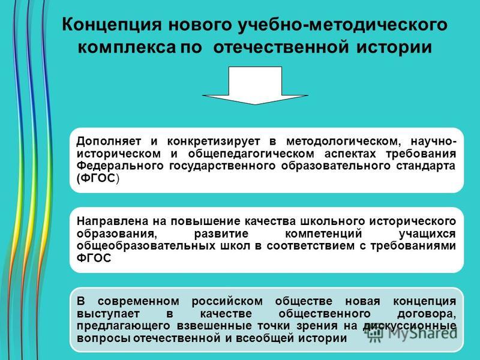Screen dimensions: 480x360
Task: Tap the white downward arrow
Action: click(x=255, y=85)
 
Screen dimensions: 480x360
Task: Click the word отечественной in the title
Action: click(x=280, y=47)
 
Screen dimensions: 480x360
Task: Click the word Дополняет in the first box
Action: click(x=109, y=142)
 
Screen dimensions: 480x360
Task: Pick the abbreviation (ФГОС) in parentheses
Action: click(x=98, y=178)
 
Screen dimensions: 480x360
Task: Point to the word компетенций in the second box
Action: click(x=324, y=234)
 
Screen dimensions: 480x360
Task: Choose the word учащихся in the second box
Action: click(x=427, y=234)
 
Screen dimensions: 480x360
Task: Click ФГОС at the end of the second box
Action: click(x=94, y=258)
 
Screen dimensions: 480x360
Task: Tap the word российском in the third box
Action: click(x=227, y=302)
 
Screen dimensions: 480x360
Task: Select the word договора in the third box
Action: click(x=427, y=314)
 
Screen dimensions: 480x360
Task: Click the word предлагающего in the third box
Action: click(x=123, y=326)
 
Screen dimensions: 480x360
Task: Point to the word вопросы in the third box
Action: click(x=104, y=338)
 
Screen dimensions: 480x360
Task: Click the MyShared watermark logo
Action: click(x=412, y=333)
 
